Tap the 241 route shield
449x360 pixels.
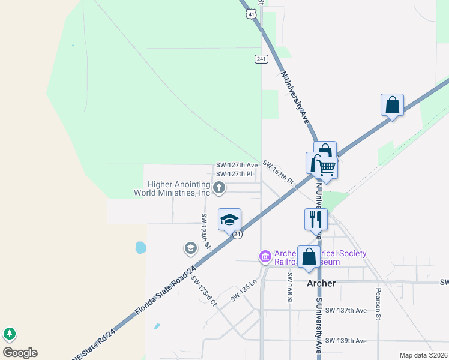[x=261, y=58]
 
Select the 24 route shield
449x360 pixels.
[x=238, y=234]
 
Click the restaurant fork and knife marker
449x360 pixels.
[x=316, y=220]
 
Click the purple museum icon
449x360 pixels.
[x=264, y=256]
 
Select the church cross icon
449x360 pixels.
[x=219, y=188]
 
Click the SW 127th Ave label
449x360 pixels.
[x=237, y=165]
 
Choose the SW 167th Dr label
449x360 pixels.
[x=279, y=173]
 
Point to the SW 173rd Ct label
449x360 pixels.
[x=203, y=290]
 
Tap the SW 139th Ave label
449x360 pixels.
[x=346, y=340]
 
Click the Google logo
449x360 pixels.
[x=20, y=353]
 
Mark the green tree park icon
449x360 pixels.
[x=9, y=334]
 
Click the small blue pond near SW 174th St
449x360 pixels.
[x=140, y=247]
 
